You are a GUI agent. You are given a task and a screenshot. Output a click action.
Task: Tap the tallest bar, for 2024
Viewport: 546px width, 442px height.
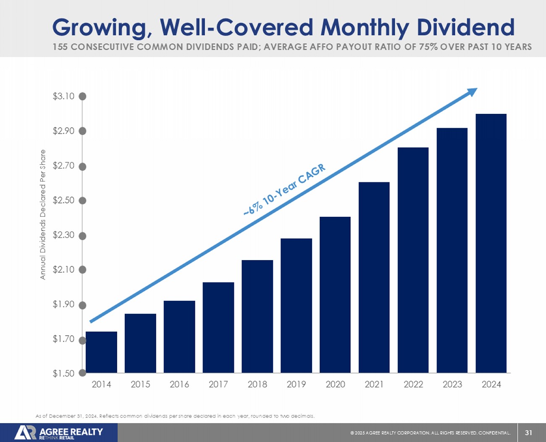[x=491, y=243]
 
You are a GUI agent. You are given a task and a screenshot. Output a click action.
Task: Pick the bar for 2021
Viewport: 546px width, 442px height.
[x=374, y=277]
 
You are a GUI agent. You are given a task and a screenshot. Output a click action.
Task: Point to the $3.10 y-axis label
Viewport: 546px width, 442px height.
[x=63, y=96]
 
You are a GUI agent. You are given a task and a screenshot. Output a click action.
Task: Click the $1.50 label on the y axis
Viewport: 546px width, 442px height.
[x=63, y=373]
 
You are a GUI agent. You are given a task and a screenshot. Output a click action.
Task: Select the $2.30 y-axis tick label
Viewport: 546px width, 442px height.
[x=63, y=235]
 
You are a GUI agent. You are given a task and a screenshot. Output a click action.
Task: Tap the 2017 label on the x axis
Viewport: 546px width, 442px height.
[x=218, y=384]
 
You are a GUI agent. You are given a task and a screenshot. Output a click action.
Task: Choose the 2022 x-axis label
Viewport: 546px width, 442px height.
[x=413, y=384]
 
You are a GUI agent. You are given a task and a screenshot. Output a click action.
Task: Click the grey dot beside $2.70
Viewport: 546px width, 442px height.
[x=83, y=166]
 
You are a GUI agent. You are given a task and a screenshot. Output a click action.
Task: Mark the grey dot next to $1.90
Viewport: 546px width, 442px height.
[x=83, y=305]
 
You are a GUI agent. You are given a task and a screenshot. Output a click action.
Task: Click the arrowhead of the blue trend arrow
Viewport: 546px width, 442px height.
[x=473, y=91]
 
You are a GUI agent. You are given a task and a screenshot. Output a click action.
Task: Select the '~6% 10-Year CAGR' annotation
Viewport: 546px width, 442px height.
[x=285, y=190]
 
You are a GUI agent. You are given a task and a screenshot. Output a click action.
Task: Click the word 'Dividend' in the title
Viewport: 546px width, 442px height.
[x=465, y=27]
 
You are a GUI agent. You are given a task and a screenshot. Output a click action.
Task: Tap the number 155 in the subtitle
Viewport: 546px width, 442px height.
[x=60, y=47]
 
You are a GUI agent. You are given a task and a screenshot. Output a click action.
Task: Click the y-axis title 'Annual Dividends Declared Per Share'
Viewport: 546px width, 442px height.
[x=42, y=215]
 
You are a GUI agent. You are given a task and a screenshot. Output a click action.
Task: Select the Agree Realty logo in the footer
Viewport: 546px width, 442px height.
[x=59, y=432]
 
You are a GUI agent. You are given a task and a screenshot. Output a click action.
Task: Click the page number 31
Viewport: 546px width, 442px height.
[x=528, y=432]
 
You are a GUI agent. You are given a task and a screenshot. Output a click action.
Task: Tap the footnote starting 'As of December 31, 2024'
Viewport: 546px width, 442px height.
[x=175, y=416]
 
